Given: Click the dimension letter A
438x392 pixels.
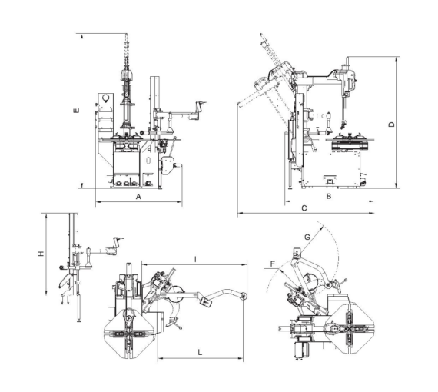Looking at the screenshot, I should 138,197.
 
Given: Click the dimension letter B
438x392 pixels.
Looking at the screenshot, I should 328,197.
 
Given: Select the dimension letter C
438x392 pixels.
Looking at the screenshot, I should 304,208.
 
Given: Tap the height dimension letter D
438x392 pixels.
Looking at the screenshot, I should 391,124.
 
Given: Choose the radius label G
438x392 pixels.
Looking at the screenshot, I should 307,238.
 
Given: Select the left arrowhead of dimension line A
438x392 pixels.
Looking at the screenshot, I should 96,203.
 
